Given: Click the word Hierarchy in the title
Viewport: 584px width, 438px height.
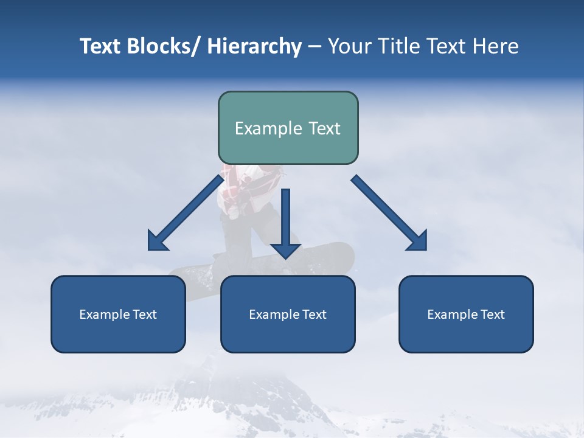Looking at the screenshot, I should pyautogui.click(x=254, y=46).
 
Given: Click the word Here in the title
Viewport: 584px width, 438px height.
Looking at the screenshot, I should pyautogui.click(x=496, y=46).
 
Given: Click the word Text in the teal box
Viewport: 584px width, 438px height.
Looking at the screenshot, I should pyautogui.click(x=324, y=128).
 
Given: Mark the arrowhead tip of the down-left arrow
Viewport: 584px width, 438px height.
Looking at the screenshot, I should pyautogui.click(x=150, y=249).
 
